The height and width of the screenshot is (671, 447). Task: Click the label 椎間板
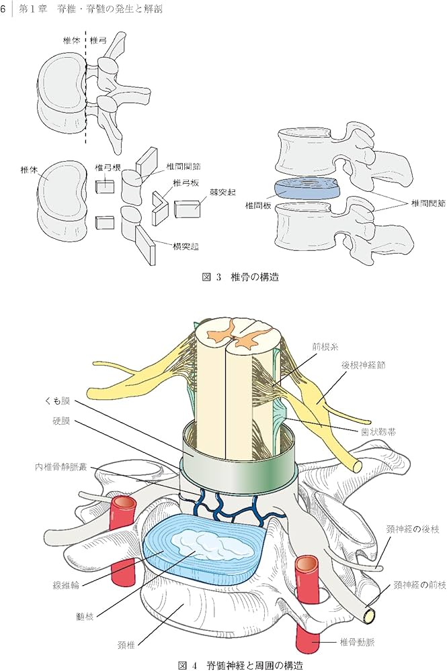[259, 206]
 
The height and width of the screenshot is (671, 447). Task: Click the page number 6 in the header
[5, 9]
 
